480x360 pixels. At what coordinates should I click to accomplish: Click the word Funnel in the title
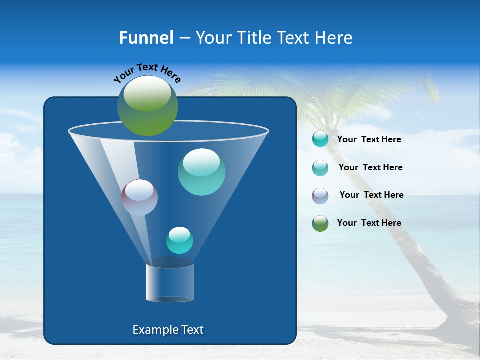click(x=146, y=38)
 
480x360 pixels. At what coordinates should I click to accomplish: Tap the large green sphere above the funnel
click(x=148, y=105)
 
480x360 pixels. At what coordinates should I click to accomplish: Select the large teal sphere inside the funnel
click(x=201, y=172)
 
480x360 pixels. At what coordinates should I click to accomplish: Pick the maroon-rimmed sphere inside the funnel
click(x=139, y=197)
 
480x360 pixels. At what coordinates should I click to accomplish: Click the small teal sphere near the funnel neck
click(x=179, y=240)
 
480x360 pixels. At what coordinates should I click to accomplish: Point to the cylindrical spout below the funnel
click(x=170, y=283)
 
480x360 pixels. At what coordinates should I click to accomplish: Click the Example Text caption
click(x=168, y=330)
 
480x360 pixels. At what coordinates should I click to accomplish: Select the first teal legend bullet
click(x=320, y=139)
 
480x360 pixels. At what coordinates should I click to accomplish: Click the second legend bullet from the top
click(x=320, y=168)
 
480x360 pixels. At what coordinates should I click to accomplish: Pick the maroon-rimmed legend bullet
click(x=320, y=196)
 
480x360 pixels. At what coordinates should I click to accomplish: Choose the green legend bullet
click(x=320, y=223)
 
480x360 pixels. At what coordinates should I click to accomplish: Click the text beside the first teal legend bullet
click(x=369, y=139)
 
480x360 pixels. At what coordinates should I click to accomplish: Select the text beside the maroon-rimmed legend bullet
click(x=371, y=195)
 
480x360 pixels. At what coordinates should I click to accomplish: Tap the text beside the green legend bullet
click(x=369, y=223)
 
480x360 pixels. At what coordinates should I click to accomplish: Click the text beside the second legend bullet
click(x=370, y=167)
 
